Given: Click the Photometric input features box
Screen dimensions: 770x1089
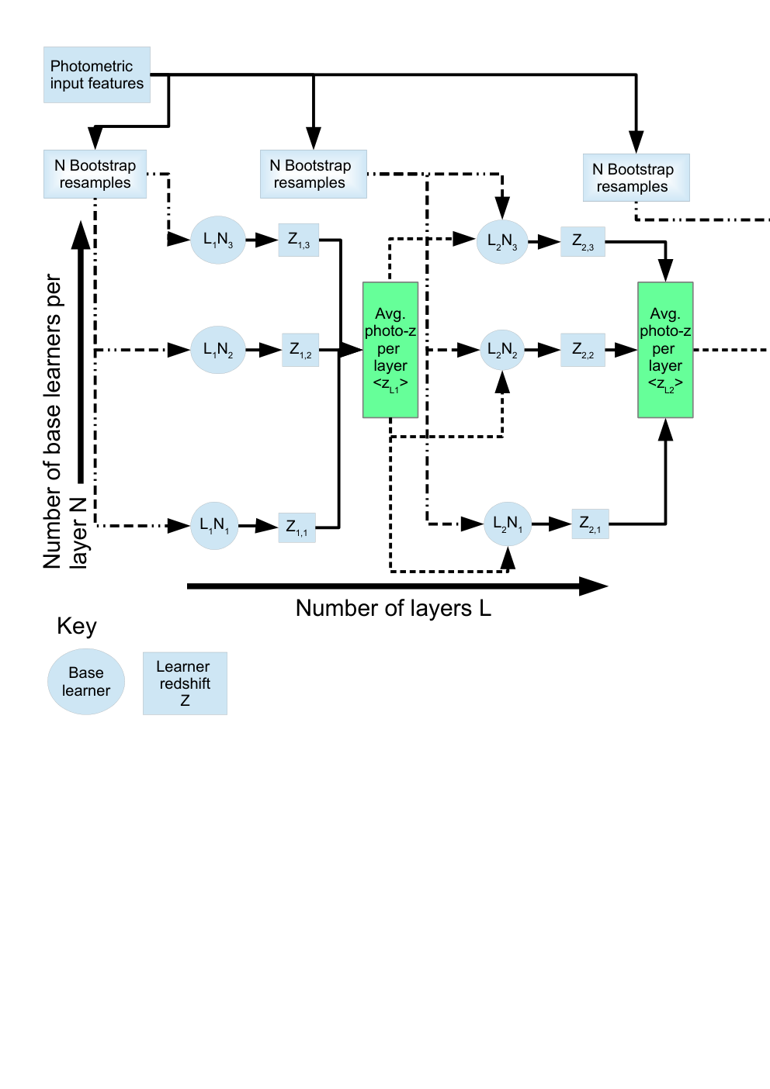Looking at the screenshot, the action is point(97,75).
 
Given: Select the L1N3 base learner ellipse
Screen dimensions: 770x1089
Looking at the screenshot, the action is point(218,240).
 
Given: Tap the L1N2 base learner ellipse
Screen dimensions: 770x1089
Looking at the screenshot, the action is point(218,350).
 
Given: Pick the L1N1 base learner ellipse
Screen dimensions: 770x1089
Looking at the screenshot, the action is point(214,526).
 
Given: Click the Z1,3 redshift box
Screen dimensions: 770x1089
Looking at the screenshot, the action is point(299,240).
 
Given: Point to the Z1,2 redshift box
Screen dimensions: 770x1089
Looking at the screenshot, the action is point(300,350).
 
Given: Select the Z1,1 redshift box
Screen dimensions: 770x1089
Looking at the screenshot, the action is point(297,527).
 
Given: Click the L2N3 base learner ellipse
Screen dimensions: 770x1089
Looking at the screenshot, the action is point(502,242).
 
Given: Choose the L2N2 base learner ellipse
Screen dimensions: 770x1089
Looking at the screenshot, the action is point(502,350).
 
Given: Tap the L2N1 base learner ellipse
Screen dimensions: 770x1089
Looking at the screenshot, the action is point(508,524).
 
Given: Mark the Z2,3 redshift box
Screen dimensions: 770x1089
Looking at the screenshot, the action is point(583,242).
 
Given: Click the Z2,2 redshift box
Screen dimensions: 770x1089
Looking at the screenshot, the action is point(583,350).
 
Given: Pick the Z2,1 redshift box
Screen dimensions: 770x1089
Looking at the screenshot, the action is point(590,524).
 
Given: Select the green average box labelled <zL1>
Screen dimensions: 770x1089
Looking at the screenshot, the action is point(390,350).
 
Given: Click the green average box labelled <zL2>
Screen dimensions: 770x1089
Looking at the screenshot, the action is point(665,350).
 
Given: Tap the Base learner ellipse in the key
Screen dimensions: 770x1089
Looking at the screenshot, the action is point(86,681).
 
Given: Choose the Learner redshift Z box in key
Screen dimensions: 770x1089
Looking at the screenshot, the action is point(185,683).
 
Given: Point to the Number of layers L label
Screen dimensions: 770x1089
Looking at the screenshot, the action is point(394,608).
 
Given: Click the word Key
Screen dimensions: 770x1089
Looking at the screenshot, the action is point(77,627).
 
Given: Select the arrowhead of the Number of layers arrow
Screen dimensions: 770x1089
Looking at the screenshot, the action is point(594,586).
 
